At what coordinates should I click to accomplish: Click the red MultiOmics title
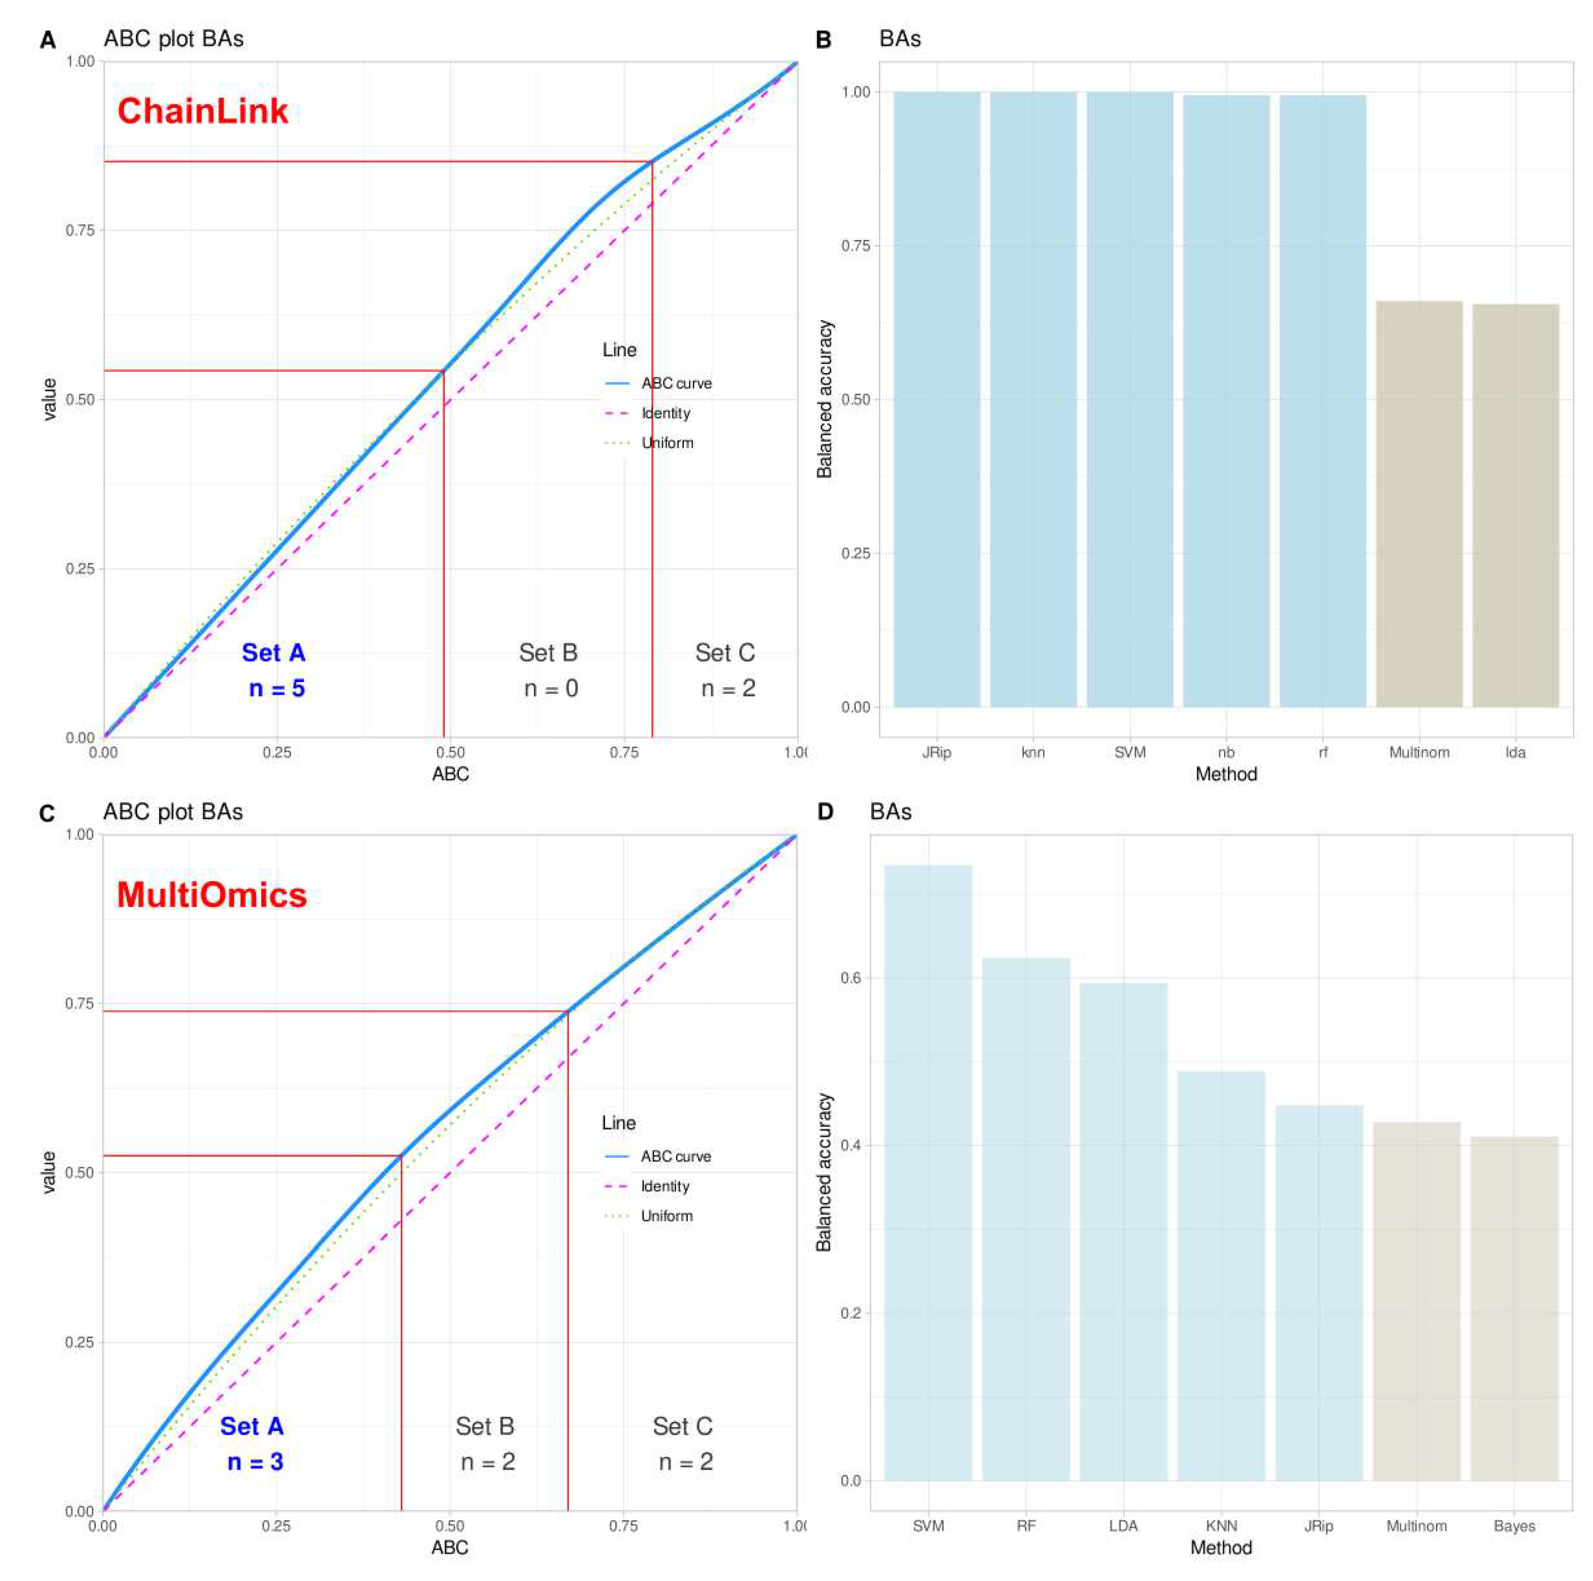[211, 895]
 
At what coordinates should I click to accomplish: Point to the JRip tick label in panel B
[936, 752]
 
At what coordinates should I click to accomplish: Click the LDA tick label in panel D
[1123, 1526]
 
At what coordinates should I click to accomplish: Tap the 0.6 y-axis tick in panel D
[850, 978]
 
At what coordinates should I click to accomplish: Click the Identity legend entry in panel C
[664, 1186]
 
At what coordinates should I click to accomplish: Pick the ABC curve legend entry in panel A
[675, 384]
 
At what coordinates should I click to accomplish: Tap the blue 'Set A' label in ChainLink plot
[273, 652]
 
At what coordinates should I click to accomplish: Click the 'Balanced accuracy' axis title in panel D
[824, 1173]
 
